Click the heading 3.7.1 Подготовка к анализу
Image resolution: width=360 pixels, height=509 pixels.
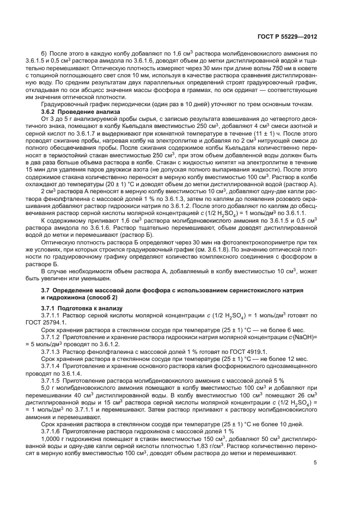[x=78, y=308]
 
